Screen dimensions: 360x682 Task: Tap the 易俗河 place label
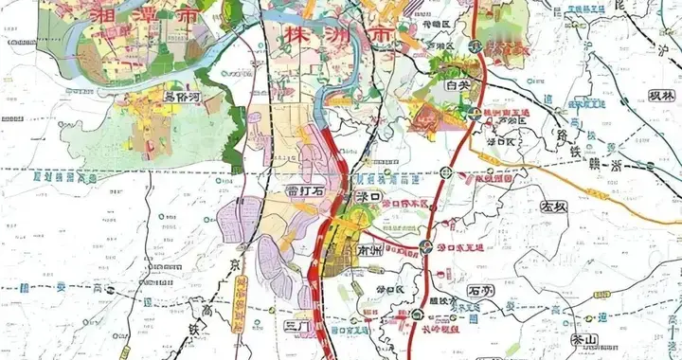[x=183, y=96]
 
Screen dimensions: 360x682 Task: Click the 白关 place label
[x=458, y=85]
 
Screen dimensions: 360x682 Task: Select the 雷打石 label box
[x=304, y=191]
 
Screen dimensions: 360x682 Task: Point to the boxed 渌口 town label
[x=365, y=196]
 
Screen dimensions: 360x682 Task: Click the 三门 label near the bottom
[x=296, y=326]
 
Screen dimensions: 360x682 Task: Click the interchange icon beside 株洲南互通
[x=474, y=114]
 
